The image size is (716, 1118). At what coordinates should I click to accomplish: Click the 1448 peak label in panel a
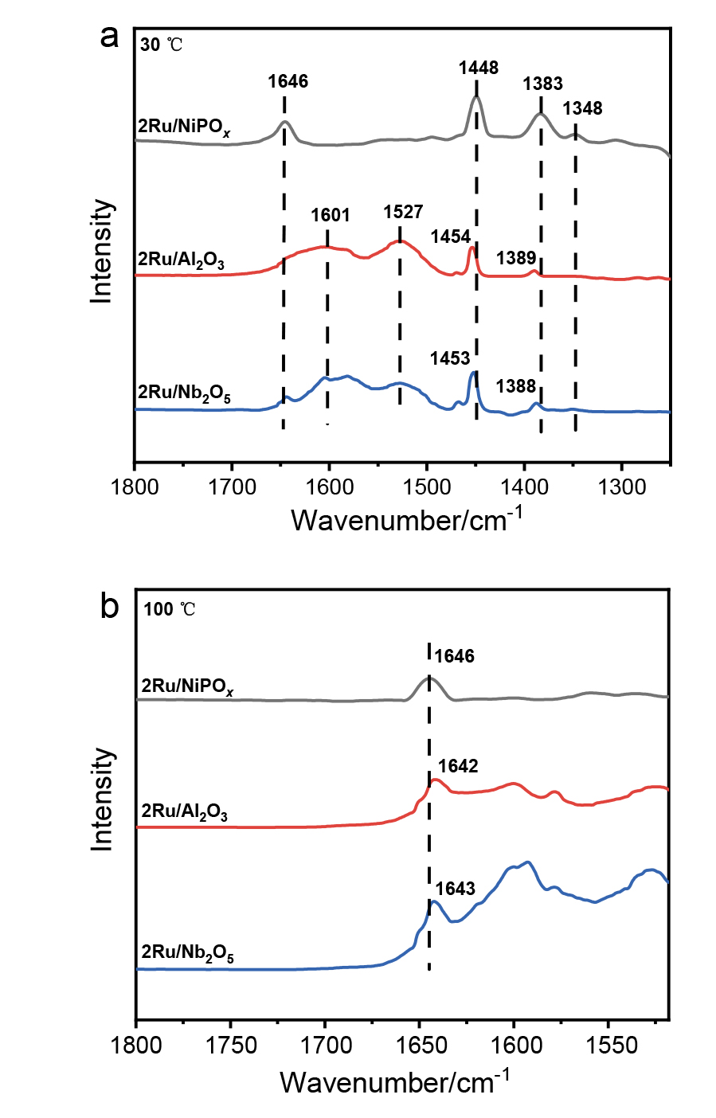pyautogui.click(x=478, y=68)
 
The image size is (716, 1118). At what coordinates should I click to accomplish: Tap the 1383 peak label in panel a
pyautogui.click(x=542, y=84)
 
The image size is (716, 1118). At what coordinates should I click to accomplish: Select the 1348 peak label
pyautogui.click(x=582, y=108)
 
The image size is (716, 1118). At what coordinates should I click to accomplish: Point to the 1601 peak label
pyautogui.click(x=330, y=215)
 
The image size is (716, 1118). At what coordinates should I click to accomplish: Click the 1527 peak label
pyautogui.click(x=403, y=212)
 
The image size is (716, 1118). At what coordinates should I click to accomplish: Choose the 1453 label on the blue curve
pyautogui.click(x=450, y=358)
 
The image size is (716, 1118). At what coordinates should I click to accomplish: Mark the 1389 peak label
pyautogui.click(x=516, y=258)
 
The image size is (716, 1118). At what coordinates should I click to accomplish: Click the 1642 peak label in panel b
pyautogui.click(x=458, y=766)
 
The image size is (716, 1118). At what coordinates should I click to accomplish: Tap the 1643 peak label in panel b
pyautogui.click(x=455, y=889)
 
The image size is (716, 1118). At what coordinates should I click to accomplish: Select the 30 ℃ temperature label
pyautogui.click(x=162, y=45)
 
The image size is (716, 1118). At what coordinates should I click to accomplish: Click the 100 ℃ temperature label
pyautogui.click(x=169, y=610)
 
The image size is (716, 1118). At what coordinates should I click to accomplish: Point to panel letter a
pyautogui.click(x=109, y=36)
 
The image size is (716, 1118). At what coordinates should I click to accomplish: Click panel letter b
pyautogui.click(x=109, y=607)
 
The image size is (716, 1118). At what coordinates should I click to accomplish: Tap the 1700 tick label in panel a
pyautogui.click(x=232, y=487)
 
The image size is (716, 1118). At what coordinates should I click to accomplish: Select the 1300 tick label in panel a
pyautogui.click(x=621, y=487)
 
